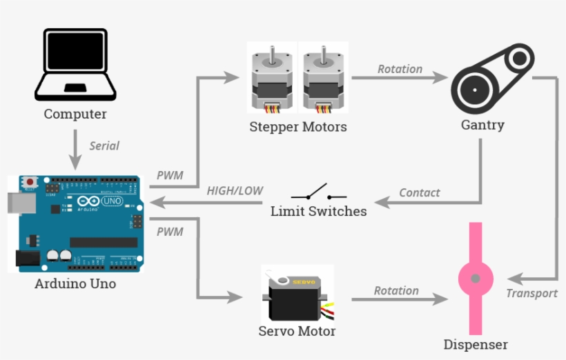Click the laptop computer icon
[x=75, y=64]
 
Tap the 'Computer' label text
[x=75, y=114]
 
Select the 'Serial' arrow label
[x=104, y=146]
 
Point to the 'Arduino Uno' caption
[x=75, y=283]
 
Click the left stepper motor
[x=273, y=78]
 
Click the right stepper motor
[x=323, y=78]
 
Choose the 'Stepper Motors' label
[x=298, y=127]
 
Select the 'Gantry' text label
[x=482, y=126]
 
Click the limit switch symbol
[x=318, y=192]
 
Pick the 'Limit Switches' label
[x=318, y=211]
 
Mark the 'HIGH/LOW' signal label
[x=235, y=190]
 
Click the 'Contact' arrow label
[x=419, y=192]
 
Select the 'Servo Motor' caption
[x=297, y=331]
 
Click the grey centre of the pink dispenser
[x=476, y=279]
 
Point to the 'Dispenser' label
[x=476, y=344]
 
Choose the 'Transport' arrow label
[x=531, y=293]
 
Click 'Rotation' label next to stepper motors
[x=400, y=69]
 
